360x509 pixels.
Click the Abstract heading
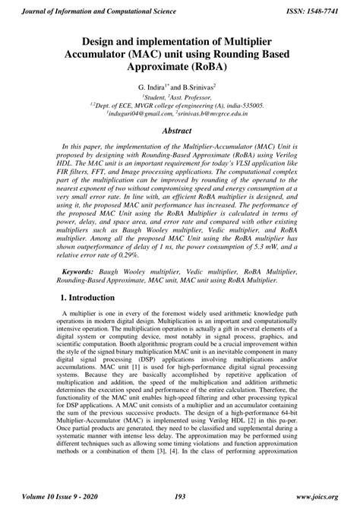[x=180, y=130]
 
